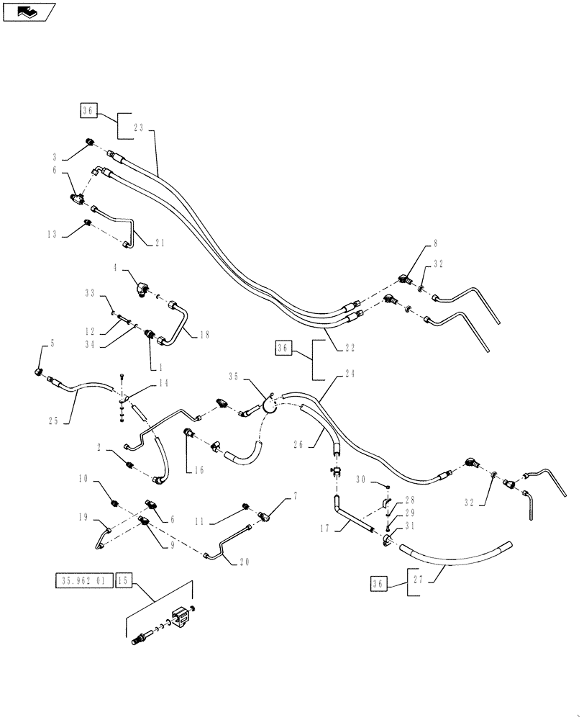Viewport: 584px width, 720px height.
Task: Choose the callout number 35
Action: (x=233, y=376)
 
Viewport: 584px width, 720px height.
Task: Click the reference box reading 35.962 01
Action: (x=83, y=581)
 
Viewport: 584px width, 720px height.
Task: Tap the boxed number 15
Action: (x=122, y=581)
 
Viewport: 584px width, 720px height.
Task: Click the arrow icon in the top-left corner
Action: (x=29, y=12)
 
